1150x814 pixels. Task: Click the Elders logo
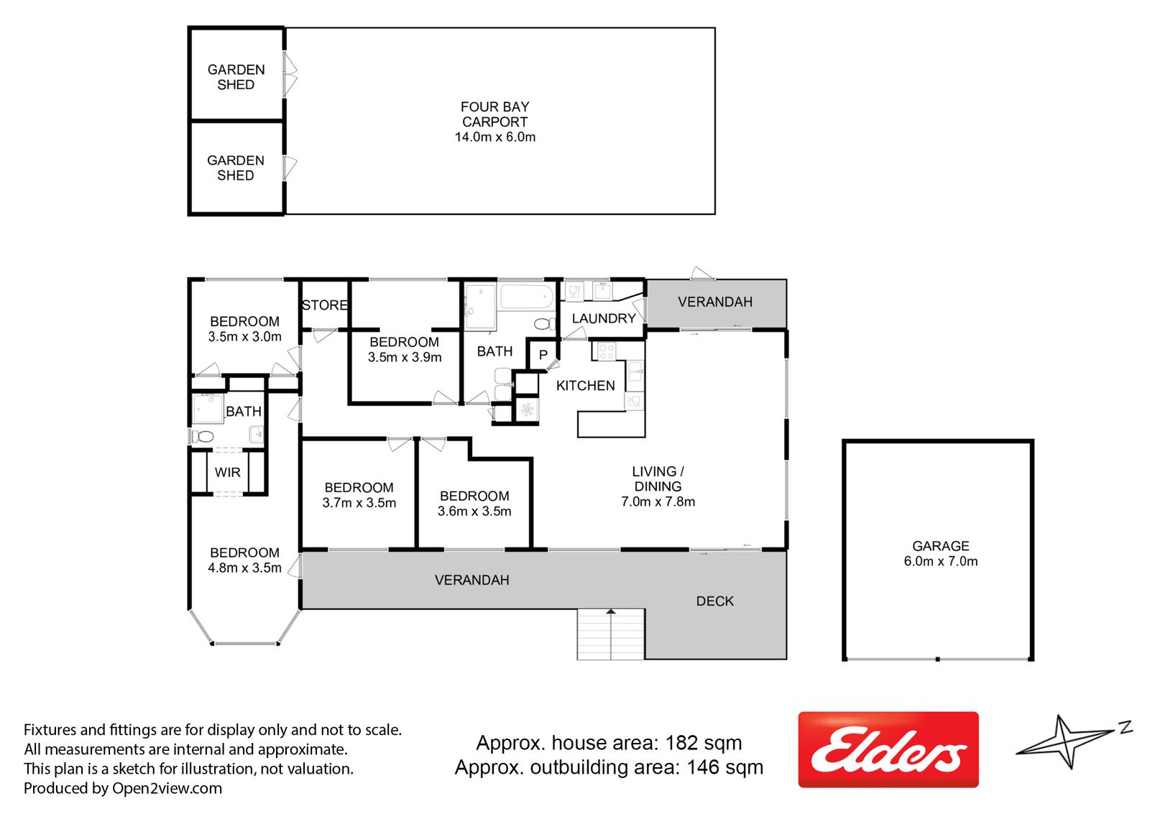(x=888, y=750)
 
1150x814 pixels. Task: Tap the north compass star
(x=1069, y=743)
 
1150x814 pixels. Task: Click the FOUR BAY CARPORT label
(x=495, y=114)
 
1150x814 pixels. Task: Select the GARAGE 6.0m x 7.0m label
(x=941, y=553)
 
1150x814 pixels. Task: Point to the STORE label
(x=324, y=305)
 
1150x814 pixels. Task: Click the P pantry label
(x=543, y=355)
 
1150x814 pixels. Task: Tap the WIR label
(x=227, y=472)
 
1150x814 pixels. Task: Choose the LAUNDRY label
(x=604, y=319)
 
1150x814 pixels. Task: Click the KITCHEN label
(x=585, y=386)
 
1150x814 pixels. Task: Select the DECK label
(x=714, y=601)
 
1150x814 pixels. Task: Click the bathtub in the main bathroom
(x=525, y=297)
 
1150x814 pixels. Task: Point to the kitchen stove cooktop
(x=607, y=351)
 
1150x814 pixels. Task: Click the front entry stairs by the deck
(x=610, y=634)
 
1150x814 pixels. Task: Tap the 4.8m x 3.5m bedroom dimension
(x=244, y=568)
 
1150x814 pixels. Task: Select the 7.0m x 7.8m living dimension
(x=658, y=501)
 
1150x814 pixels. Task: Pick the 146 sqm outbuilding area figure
(x=725, y=767)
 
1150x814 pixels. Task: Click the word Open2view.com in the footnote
(x=167, y=788)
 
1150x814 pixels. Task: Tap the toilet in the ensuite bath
(x=202, y=437)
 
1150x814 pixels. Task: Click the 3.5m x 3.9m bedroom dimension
(x=405, y=357)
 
